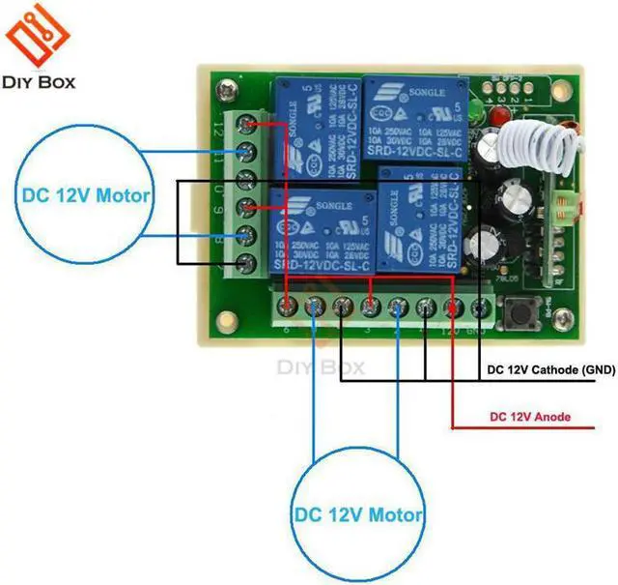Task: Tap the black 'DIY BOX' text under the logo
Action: click(x=40, y=81)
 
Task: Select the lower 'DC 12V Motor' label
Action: click(x=358, y=513)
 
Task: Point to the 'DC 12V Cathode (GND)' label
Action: click(x=550, y=369)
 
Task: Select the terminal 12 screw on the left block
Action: click(x=250, y=125)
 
